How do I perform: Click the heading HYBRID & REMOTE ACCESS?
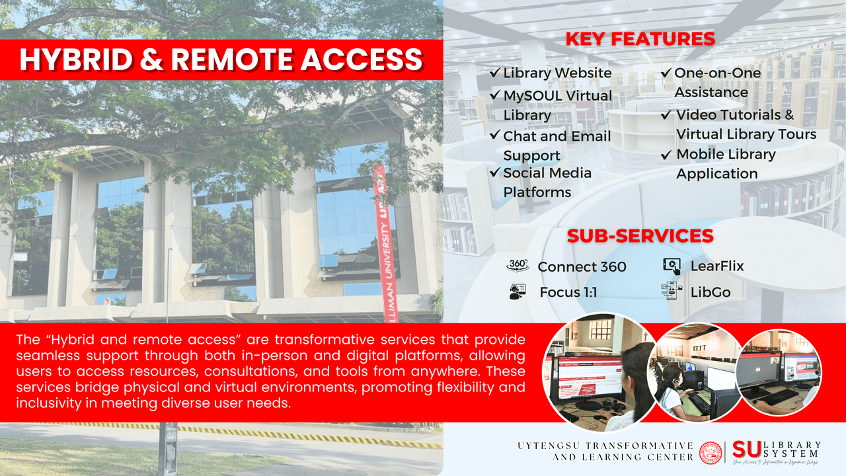[221, 59]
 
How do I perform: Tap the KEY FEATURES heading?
[640, 39]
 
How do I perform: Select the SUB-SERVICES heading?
[640, 236]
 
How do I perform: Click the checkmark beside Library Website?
[495, 73]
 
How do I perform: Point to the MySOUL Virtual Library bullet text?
[557, 105]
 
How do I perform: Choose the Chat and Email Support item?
[557, 145]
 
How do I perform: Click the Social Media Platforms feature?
[547, 182]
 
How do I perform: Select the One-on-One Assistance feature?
[716, 83]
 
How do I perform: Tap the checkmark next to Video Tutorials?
[667, 115]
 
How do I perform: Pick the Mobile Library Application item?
[725, 164]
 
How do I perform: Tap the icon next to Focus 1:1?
[518, 292]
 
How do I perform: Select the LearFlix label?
[717, 266]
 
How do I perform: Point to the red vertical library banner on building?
[382, 238]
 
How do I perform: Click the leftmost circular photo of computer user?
[590, 372]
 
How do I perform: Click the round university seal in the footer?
[711, 452]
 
